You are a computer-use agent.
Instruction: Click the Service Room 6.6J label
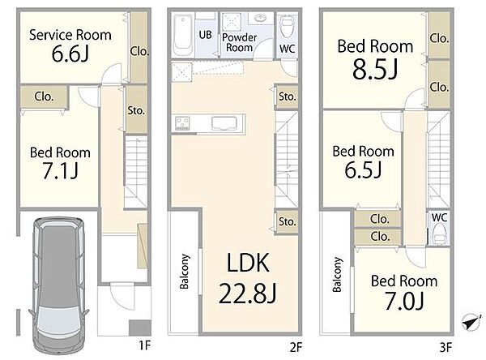(70, 45)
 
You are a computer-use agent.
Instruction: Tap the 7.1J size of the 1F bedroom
(60, 171)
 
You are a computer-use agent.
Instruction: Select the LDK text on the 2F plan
(248, 263)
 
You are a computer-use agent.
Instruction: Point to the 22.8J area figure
(247, 294)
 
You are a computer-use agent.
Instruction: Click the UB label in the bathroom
(205, 35)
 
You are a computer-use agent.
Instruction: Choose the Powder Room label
(239, 42)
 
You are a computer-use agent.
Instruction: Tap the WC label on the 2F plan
(287, 49)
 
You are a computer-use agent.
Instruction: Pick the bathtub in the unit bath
(183, 35)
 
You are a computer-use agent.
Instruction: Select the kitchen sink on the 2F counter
(224, 123)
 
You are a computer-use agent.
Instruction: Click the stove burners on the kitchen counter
(182, 123)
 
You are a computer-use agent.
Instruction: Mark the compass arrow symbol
(471, 322)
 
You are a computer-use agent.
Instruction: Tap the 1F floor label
(144, 345)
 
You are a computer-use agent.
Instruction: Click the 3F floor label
(446, 347)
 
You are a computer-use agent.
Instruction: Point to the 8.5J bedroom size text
(375, 70)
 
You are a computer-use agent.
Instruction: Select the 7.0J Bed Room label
(404, 292)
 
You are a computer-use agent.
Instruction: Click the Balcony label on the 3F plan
(337, 274)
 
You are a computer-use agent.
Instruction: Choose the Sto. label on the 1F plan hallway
(136, 110)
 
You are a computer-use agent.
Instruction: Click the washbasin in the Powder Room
(260, 18)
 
